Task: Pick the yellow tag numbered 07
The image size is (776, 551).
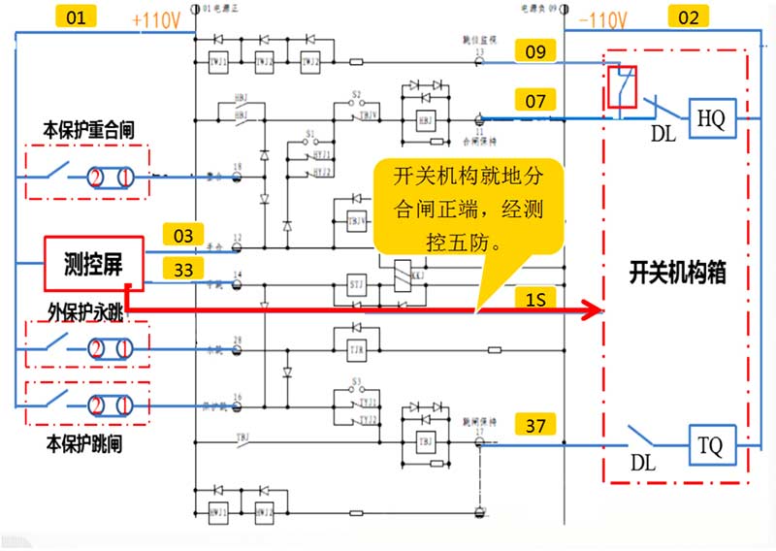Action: point(536,100)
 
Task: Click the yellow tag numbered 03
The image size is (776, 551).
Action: point(183,236)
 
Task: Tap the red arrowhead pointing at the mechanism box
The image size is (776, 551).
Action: point(589,310)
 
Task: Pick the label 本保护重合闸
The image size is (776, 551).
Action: point(84,129)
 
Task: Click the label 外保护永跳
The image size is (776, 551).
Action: point(83,314)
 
